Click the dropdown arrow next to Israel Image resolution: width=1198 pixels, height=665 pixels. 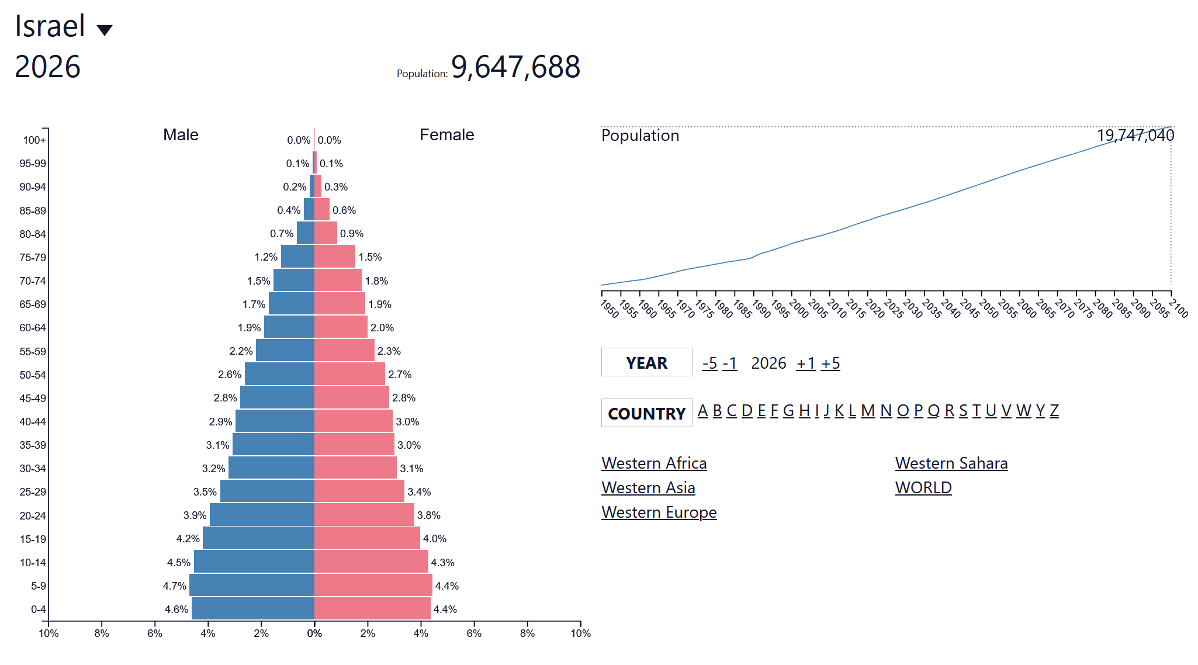click(x=105, y=30)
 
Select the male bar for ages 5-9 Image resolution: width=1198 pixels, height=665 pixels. click(x=252, y=585)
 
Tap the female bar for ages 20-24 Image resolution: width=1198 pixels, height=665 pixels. click(x=364, y=515)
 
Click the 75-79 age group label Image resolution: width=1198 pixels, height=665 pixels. click(x=33, y=258)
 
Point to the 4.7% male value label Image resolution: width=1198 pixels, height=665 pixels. click(x=174, y=586)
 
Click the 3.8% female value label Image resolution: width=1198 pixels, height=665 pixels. click(x=428, y=515)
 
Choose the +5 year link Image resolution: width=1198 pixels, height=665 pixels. click(x=830, y=363)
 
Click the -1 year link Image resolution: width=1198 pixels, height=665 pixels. click(x=729, y=363)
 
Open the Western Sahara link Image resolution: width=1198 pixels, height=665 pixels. click(x=951, y=463)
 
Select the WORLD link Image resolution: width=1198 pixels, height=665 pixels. click(x=923, y=488)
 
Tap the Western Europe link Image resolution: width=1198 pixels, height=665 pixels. click(x=659, y=512)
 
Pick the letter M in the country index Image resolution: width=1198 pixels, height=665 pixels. click(x=868, y=411)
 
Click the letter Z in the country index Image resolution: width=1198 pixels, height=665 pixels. click(x=1054, y=411)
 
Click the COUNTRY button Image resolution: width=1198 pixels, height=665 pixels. click(x=646, y=413)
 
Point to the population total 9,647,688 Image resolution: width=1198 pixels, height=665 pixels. click(x=515, y=67)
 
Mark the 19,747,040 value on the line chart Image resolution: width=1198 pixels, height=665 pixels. click(x=1135, y=136)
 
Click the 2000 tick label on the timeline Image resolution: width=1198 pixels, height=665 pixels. click(x=798, y=309)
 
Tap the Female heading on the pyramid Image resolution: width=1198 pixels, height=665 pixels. click(x=446, y=135)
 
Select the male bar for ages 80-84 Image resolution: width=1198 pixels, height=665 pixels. click(x=306, y=233)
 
